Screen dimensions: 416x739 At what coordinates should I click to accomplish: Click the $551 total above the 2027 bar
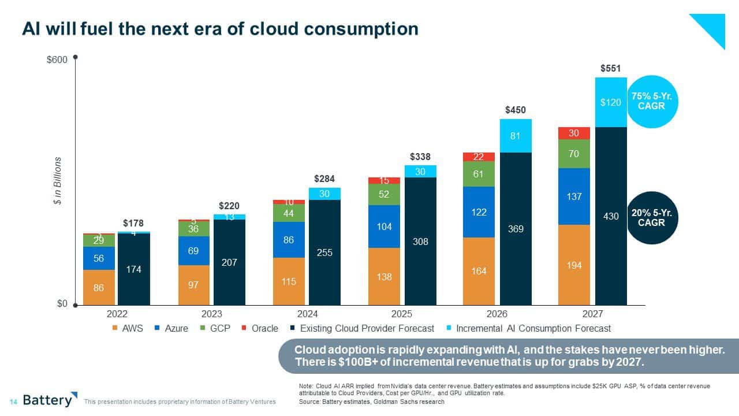611,68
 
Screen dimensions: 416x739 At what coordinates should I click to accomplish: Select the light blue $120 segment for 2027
611,102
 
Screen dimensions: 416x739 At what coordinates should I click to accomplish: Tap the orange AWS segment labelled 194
574,265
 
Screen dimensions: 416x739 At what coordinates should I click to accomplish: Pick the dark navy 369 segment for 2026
516,229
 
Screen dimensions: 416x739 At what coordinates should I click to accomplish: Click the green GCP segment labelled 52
384,195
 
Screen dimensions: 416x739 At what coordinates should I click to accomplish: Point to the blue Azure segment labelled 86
289,239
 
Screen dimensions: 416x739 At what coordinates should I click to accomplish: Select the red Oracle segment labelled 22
479,157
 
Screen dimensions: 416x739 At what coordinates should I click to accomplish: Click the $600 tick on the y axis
57,60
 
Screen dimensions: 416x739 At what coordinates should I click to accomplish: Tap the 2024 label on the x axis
307,314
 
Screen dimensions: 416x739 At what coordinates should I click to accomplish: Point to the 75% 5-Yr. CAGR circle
652,102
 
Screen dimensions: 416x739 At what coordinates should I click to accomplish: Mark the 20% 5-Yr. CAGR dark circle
652,217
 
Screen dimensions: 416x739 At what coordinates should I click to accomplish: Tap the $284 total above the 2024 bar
324,179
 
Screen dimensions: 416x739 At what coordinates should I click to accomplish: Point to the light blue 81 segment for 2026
516,136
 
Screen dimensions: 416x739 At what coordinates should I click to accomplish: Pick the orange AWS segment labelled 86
99,287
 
